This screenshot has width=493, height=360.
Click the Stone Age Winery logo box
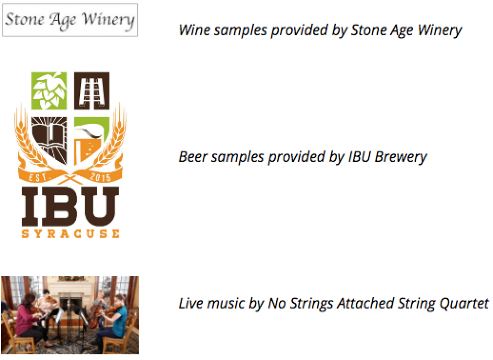70,20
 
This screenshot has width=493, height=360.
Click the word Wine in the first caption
192,30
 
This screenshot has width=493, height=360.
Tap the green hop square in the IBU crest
49,91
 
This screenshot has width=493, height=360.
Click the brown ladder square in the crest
92,91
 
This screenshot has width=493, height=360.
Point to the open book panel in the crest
50,139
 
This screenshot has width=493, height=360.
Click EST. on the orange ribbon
38,177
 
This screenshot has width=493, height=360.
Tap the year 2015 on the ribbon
100,177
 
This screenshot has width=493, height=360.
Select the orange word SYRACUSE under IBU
70,234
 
